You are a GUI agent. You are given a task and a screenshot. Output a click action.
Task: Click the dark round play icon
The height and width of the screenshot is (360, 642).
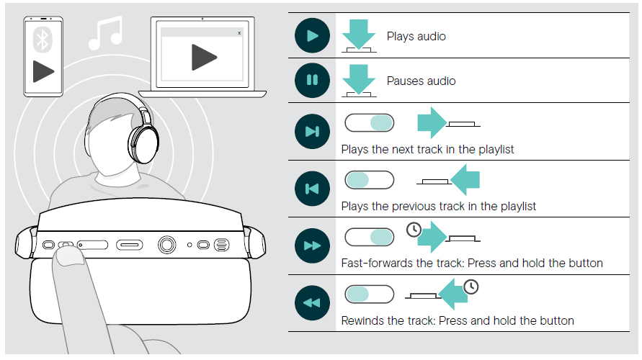pyautogui.click(x=312, y=35)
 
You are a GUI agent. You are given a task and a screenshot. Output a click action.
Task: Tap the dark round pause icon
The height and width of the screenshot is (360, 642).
pyautogui.click(x=312, y=80)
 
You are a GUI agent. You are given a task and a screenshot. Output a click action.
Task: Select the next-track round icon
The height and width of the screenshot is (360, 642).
pyautogui.click(x=312, y=131)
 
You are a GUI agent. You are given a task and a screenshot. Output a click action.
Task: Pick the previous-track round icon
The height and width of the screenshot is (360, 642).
pyautogui.click(x=312, y=189)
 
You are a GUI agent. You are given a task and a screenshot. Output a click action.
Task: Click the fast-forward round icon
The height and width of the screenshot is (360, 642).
pyautogui.click(x=312, y=246)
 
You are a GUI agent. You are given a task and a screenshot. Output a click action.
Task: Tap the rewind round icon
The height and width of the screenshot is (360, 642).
pyautogui.click(x=312, y=302)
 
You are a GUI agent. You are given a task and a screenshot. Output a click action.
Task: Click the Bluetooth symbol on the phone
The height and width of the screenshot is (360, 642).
pyautogui.click(x=43, y=40)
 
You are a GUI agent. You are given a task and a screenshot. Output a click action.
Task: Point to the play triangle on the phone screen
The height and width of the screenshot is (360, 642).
pyautogui.click(x=43, y=71)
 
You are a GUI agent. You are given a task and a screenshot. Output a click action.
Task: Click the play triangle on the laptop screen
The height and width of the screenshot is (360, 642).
pyautogui.click(x=203, y=57)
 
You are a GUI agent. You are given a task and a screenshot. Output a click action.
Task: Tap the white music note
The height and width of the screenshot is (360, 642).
pyautogui.click(x=106, y=32)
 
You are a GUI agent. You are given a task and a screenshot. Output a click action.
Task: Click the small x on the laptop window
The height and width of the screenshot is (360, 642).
pyautogui.click(x=239, y=33)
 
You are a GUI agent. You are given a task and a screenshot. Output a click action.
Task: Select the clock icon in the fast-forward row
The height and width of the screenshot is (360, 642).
pyautogui.click(x=414, y=230)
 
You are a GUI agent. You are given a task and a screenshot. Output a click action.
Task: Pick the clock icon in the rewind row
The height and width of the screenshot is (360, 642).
pyautogui.click(x=471, y=287)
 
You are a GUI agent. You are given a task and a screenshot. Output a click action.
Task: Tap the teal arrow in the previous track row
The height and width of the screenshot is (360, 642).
pyautogui.click(x=465, y=179)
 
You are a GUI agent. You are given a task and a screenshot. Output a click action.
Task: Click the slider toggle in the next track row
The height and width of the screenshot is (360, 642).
pyautogui.click(x=370, y=122)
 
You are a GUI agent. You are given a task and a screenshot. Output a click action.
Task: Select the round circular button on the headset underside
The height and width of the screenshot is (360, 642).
pyautogui.click(x=166, y=245)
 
